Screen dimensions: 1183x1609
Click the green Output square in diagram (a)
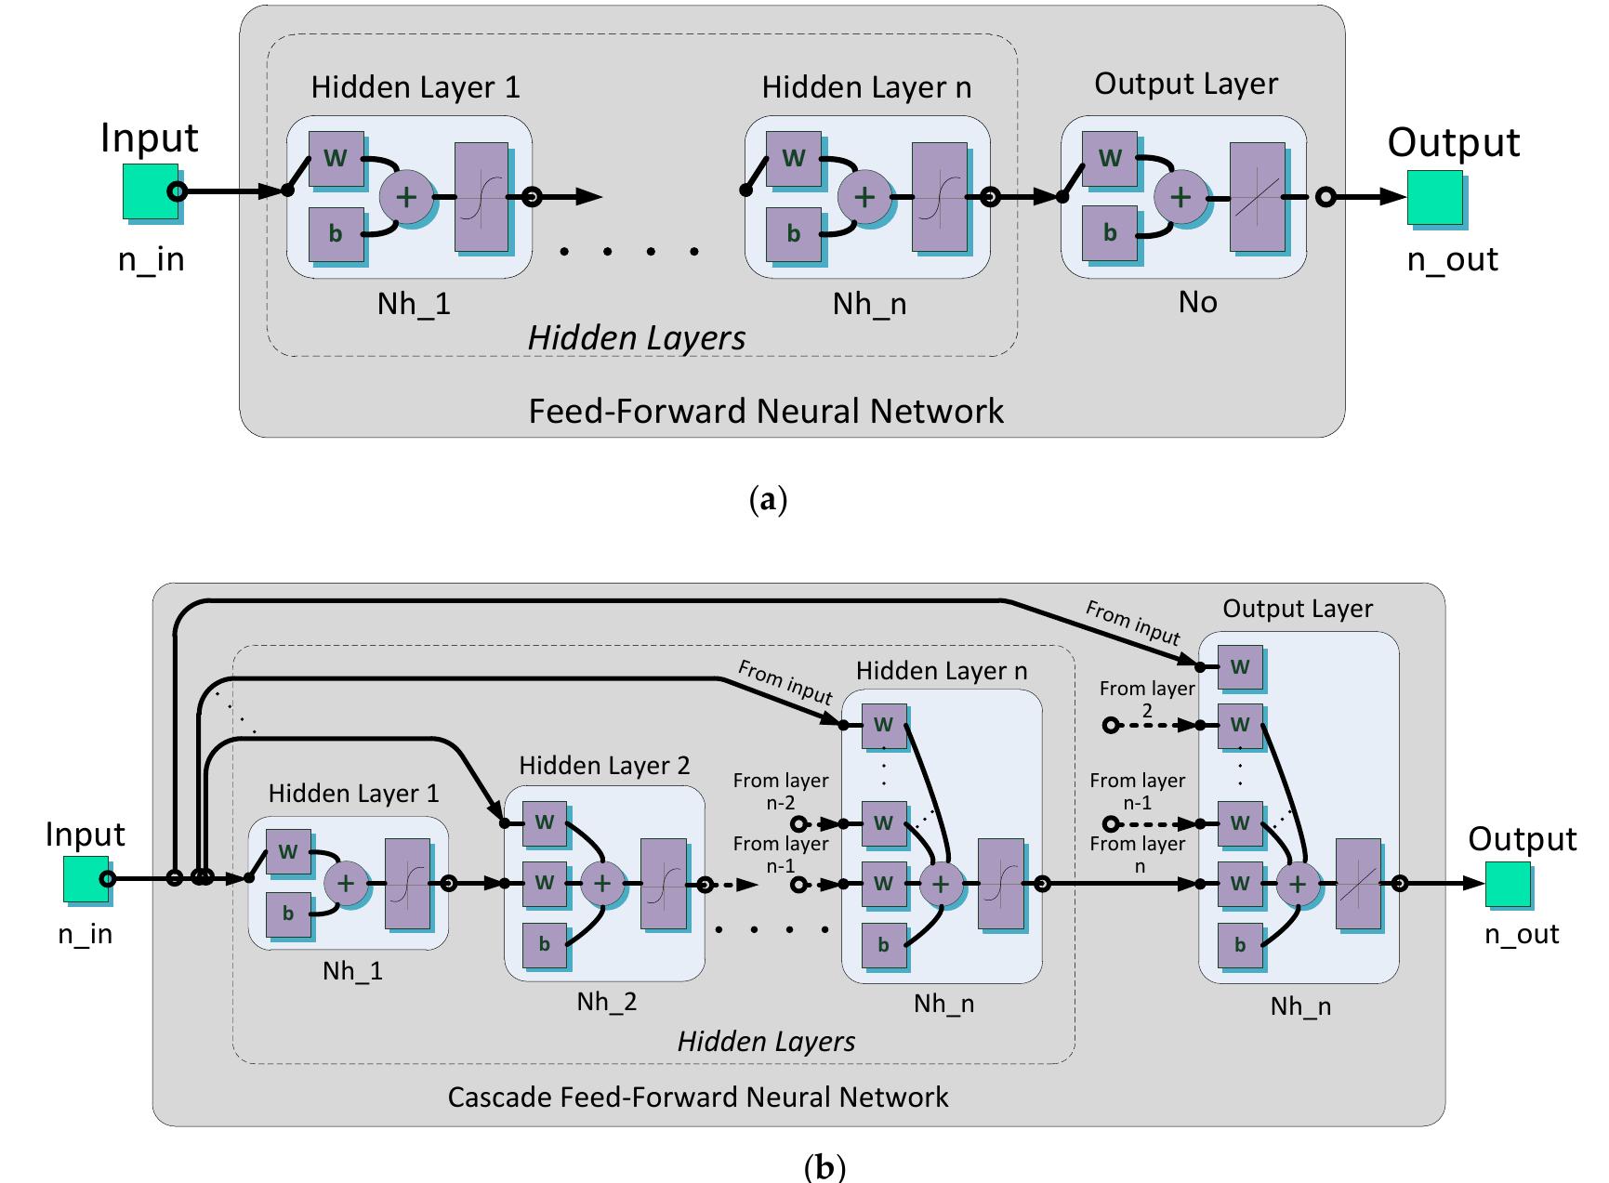coord(1434,197)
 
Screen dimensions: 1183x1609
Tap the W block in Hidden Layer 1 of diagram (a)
coord(335,158)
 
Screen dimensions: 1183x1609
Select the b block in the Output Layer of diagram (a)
coord(1109,232)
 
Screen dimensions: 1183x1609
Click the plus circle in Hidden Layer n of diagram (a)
coord(864,197)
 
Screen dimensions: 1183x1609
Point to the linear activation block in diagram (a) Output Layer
coord(1257,197)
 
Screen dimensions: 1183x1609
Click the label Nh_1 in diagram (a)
coord(414,304)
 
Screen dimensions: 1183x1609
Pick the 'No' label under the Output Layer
coord(1197,302)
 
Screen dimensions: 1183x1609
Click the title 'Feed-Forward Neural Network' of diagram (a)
coord(766,411)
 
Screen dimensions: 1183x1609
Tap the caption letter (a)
coord(768,500)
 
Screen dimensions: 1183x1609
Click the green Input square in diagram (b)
coord(86,879)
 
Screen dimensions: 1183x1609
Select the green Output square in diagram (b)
coord(1507,884)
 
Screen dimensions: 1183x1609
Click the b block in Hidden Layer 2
coord(544,944)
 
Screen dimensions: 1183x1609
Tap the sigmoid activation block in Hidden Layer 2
coord(663,883)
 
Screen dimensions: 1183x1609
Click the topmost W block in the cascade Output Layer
coord(1240,666)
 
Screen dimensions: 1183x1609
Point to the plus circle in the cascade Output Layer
coord(1297,884)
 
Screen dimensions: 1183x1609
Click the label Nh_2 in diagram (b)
coord(606,1001)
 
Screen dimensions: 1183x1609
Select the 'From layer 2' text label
coord(1146,699)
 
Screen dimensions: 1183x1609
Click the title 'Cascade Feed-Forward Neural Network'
coord(697,1097)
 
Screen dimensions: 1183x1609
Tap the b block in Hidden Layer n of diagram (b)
coord(883,945)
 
